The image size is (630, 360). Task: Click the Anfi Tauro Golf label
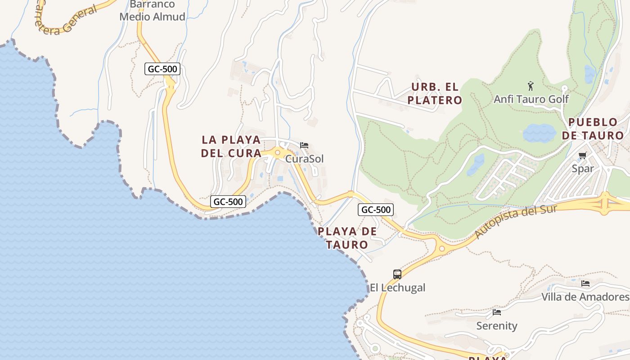tap(531, 99)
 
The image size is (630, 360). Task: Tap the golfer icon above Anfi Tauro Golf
tap(531, 85)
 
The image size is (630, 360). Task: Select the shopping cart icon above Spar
tap(583, 156)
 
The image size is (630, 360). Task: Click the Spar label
tap(583, 168)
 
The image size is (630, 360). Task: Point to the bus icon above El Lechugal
tap(397, 274)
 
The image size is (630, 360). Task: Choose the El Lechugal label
tap(397, 288)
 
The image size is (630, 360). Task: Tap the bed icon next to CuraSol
tap(304, 145)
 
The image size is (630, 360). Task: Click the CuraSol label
tap(304, 159)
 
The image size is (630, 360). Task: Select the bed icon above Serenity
tap(497, 312)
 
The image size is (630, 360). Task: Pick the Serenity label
tap(497, 325)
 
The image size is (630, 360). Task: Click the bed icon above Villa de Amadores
tap(585, 283)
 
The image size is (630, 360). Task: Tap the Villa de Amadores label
tap(585, 297)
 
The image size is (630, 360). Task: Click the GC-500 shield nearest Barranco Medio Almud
tap(162, 69)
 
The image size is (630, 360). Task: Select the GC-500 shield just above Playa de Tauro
tap(376, 209)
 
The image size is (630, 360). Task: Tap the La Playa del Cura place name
tap(231, 146)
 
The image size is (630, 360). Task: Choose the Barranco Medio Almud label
tap(152, 11)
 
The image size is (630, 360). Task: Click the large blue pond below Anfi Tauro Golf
tap(539, 133)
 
